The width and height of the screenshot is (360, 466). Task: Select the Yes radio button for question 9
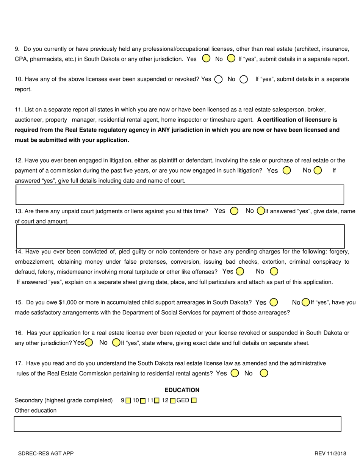pos(206,59)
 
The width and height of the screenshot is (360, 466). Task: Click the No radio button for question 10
pos(244,80)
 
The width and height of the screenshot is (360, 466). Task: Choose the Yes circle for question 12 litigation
pos(286,170)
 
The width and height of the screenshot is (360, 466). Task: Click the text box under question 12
pos(179,195)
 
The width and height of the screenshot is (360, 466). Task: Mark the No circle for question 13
pos(260,211)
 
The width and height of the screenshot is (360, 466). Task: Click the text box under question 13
pos(179,236)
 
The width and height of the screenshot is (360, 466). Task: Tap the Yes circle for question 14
pos(239,271)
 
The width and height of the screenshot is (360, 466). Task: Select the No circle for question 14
pos(274,271)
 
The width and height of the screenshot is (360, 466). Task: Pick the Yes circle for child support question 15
pos(273,302)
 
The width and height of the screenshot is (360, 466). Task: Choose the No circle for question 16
pos(116,343)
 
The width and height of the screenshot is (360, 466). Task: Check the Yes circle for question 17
pos(235,373)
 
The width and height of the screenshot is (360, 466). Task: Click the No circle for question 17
pos(264,373)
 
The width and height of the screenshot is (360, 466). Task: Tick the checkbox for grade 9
pos(128,400)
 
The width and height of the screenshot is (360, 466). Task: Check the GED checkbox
pos(194,400)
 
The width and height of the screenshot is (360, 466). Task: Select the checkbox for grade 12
pos(173,400)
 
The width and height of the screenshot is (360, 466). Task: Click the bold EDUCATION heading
pos(182,390)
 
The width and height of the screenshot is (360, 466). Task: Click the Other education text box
pos(177,424)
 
